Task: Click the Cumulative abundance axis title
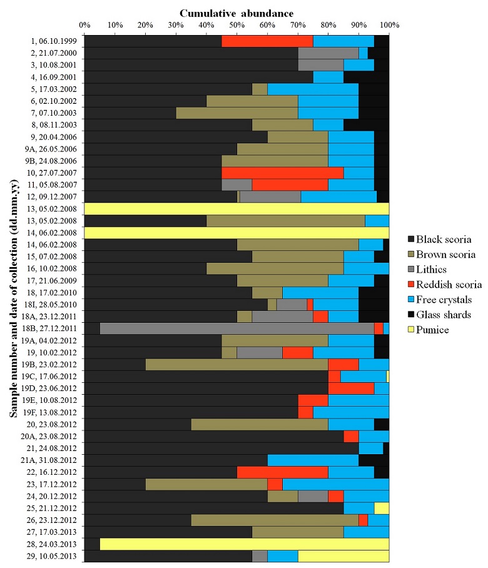coord(236,13)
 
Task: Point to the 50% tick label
coord(236,25)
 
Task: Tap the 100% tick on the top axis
coord(389,25)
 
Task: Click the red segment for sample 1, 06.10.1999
coord(267,41)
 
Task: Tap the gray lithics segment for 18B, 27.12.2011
coord(236,328)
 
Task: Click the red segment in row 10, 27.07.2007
coord(282,172)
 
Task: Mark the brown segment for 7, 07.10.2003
coord(236,113)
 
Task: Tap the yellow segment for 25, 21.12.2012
coord(381,507)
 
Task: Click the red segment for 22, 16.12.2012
coord(282,472)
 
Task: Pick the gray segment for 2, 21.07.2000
coord(328,53)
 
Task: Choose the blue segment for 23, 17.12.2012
coord(335,484)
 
